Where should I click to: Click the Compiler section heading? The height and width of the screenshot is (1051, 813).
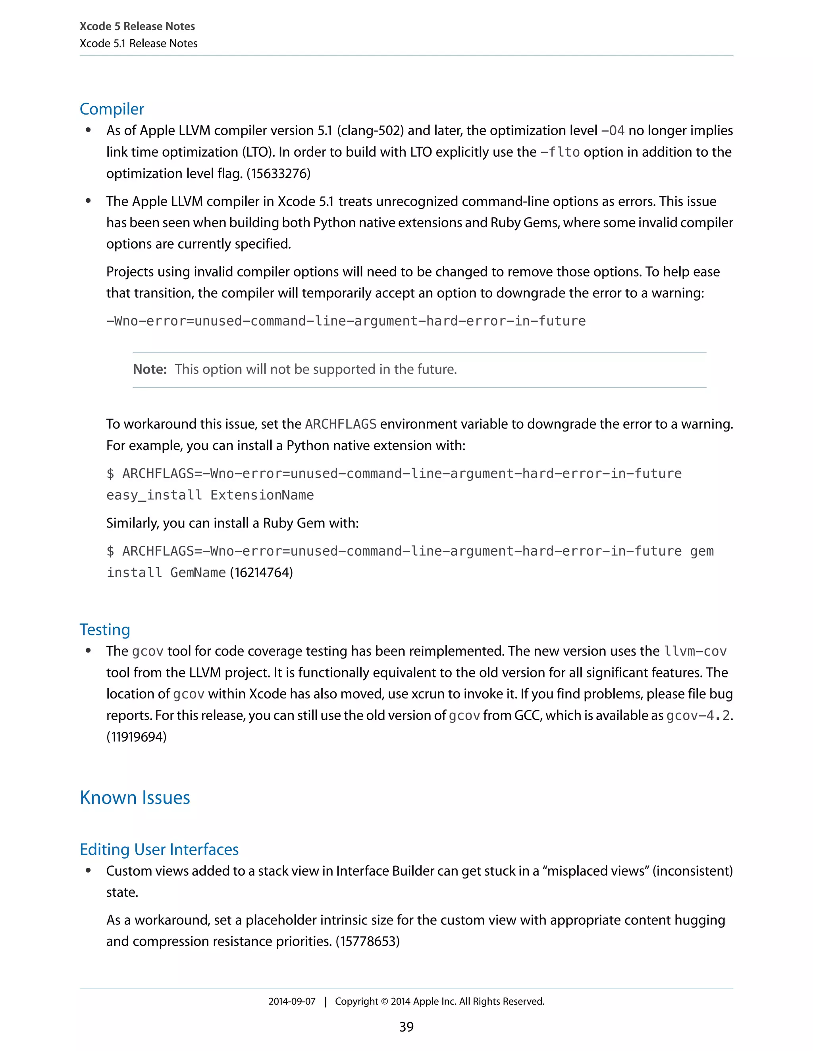(x=112, y=109)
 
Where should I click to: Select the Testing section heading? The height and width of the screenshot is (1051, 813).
(x=105, y=629)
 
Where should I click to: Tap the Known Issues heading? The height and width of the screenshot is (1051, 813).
(x=135, y=798)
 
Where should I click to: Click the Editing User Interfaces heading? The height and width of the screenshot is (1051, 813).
(x=159, y=850)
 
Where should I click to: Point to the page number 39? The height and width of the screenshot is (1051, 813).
(x=406, y=1027)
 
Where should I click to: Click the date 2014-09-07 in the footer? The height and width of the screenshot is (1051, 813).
(x=292, y=1001)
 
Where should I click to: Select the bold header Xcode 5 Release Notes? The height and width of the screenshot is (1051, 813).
(x=137, y=27)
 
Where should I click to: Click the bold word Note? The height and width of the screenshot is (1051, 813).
(x=150, y=369)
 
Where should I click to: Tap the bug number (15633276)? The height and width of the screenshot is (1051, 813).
(x=278, y=173)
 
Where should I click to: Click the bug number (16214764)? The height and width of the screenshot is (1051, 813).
(x=262, y=572)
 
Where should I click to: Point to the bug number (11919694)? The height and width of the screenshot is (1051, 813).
(x=136, y=737)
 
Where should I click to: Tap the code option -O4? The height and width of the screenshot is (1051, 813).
(x=613, y=131)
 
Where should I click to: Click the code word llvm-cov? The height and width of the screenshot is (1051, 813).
(x=695, y=651)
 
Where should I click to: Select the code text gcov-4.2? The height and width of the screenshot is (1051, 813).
(x=698, y=715)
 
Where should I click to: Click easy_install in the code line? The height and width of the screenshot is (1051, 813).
(x=154, y=495)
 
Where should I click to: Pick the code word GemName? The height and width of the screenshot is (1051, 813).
(x=198, y=573)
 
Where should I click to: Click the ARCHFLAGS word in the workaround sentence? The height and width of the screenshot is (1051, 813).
(x=341, y=424)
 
